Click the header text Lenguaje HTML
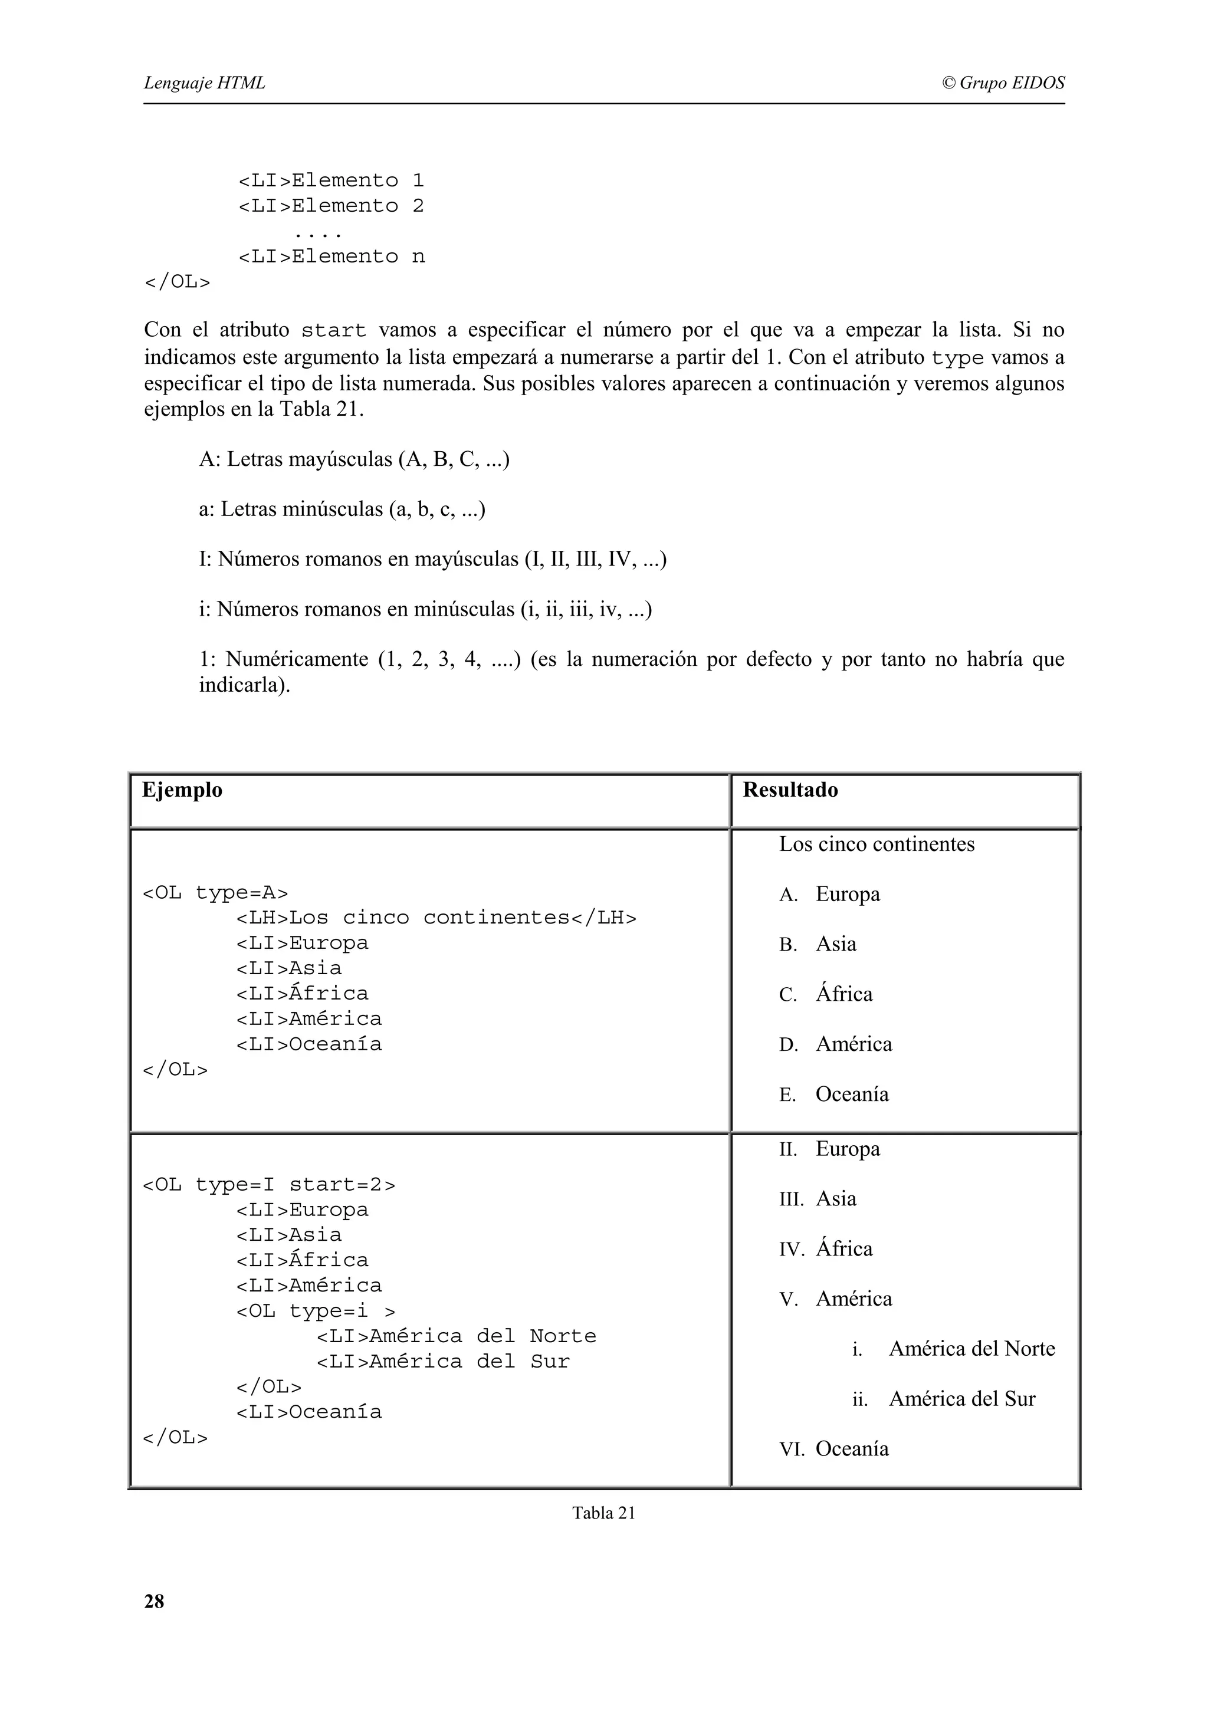tap(204, 83)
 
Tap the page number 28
tap(154, 1601)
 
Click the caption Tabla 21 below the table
tap(603, 1513)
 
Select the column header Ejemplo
tap(182, 790)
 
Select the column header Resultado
tap(790, 790)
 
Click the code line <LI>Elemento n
tap(331, 257)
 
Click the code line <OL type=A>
tap(215, 892)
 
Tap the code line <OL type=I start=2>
tap(269, 1184)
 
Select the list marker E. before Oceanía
tap(787, 1095)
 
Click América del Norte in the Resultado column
tap(971, 1349)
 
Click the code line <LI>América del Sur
tap(443, 1362)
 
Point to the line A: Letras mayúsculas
tap(354, 459)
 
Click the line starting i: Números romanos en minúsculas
tap(425, 610)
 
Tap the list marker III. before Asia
tap(791, 1199)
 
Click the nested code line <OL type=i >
tap(316, 1311)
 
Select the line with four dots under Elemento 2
tap(318, 233)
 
